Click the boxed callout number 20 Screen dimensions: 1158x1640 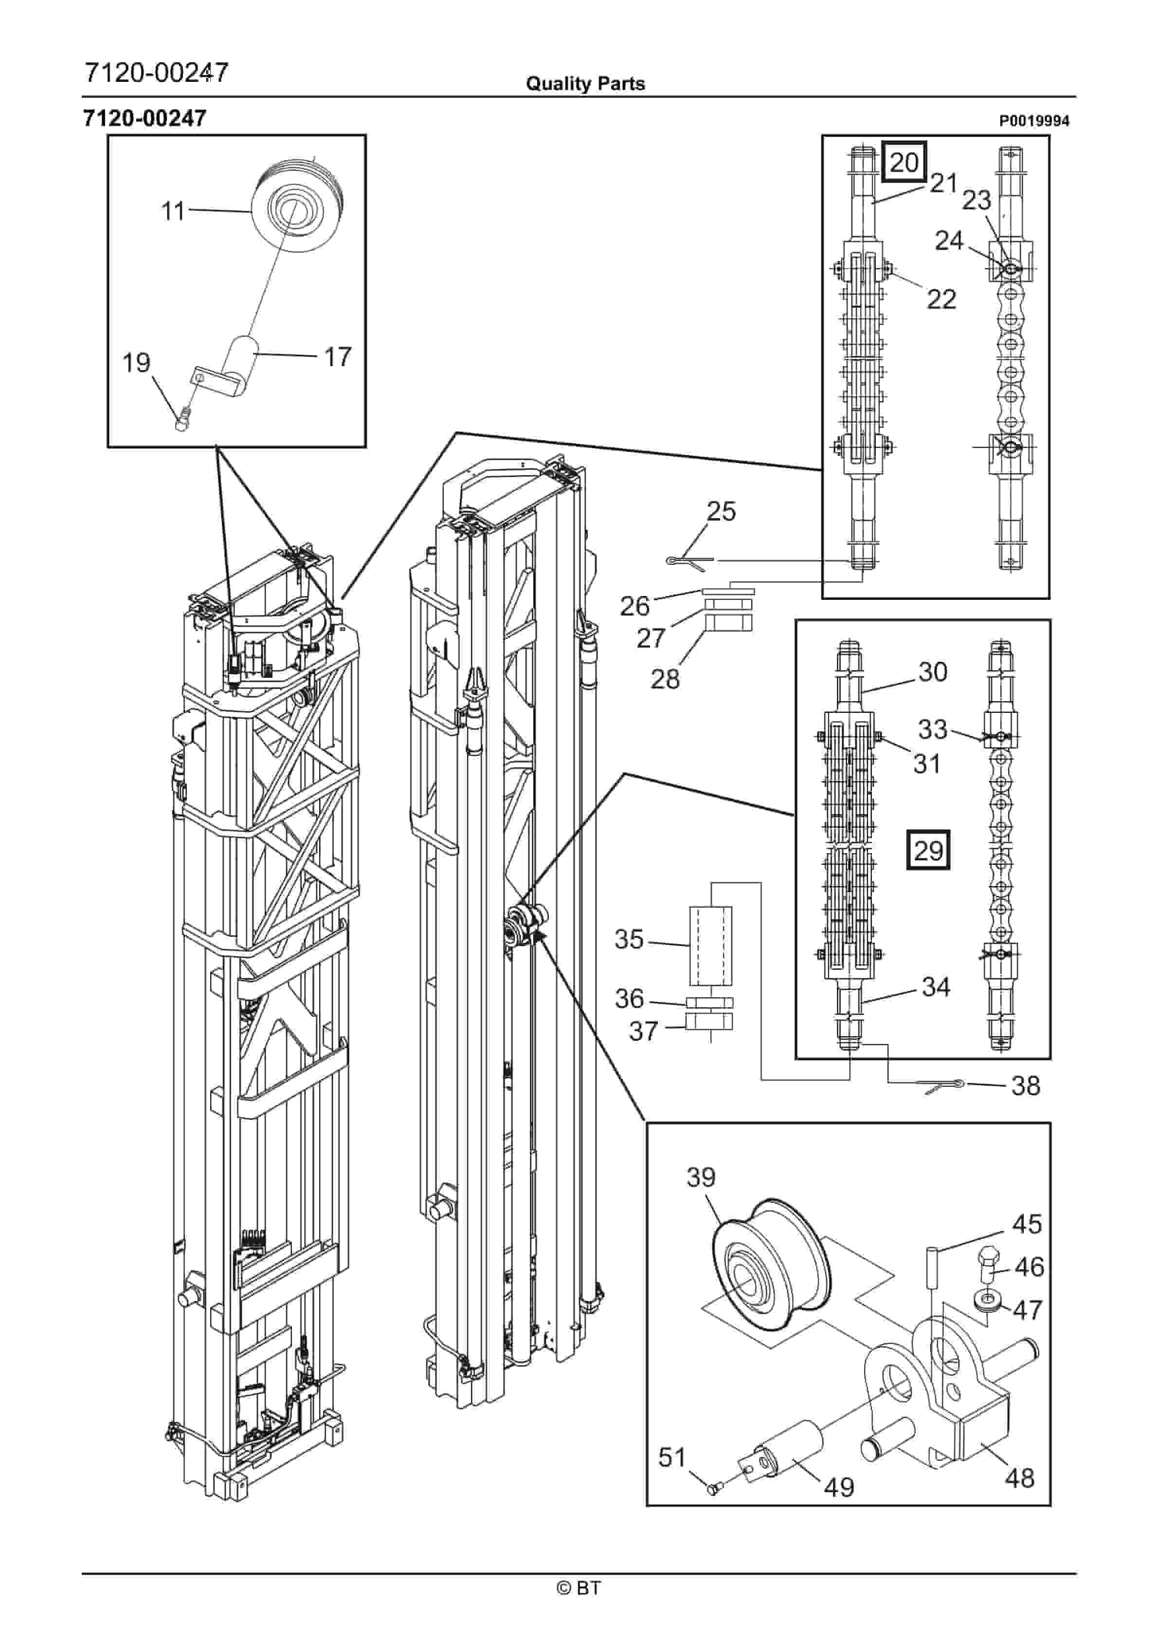pos(905,162)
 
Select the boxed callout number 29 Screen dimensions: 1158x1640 pos(928,850)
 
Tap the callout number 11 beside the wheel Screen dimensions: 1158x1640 pos(173,211)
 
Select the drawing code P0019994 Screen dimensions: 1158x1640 pos(1034,121)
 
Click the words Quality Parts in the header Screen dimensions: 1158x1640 pos(585,84)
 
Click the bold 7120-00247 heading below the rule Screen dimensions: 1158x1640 pos(145,118)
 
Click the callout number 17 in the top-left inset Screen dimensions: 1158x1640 pos(338,356)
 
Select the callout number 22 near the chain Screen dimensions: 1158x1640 pos(941,298)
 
